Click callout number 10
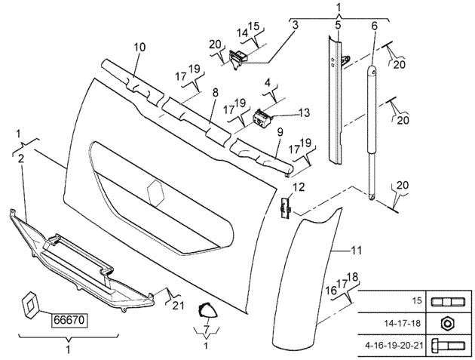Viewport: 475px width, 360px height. [139, 48]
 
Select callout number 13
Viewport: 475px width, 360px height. [304, 113]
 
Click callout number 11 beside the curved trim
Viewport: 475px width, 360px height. [357, 248]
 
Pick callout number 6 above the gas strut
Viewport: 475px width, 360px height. [374, 26]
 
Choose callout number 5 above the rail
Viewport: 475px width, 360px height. [338, 26]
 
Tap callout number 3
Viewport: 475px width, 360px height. [296, 26]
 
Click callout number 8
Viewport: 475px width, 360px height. [215, 92]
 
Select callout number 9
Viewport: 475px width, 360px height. [279, 132]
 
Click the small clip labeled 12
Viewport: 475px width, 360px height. [285, 207]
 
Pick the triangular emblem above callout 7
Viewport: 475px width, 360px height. [206, 310]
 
